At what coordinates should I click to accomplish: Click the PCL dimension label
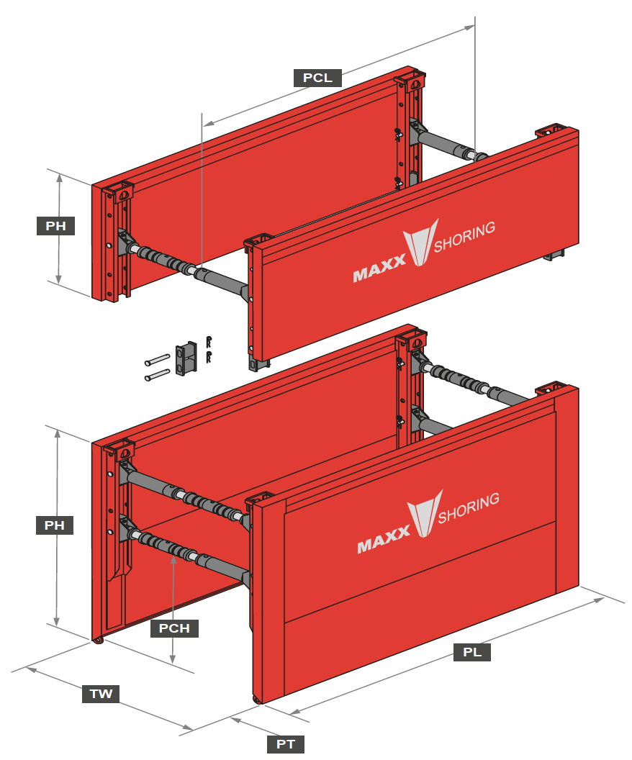tap(317, 78)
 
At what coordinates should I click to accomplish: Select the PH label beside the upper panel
tap(55, 226)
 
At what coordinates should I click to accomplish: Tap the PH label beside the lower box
tap(55, 525)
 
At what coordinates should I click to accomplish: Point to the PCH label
tap(174, 628)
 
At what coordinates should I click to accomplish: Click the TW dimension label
tap(101, 694)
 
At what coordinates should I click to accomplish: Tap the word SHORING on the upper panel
tap(464, 238)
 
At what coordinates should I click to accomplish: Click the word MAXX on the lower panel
tap(383, 543)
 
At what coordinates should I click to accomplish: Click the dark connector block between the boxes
tap(186, 357)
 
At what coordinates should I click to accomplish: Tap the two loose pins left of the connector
tap(156, 366)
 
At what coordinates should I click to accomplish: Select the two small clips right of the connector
tap(209, 348)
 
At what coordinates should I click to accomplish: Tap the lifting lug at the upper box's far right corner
tap(548, 132)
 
